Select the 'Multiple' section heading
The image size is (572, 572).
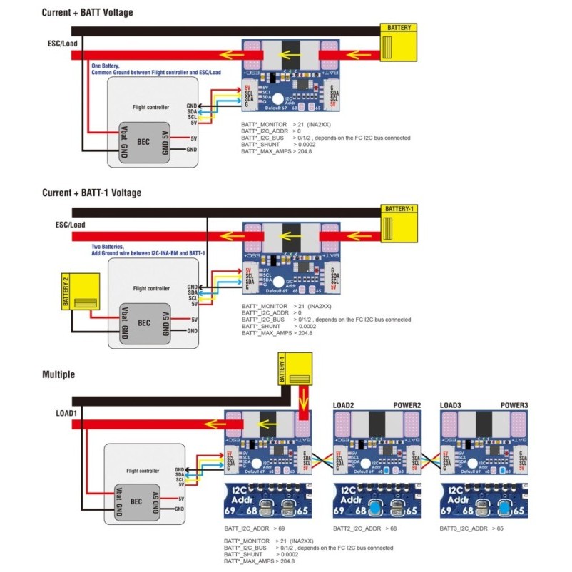58,374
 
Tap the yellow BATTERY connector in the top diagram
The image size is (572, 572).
399,42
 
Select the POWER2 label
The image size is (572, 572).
407,405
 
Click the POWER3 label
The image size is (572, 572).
514,405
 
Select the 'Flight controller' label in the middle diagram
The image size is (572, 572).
151,289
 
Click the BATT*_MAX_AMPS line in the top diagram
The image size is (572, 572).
267,152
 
